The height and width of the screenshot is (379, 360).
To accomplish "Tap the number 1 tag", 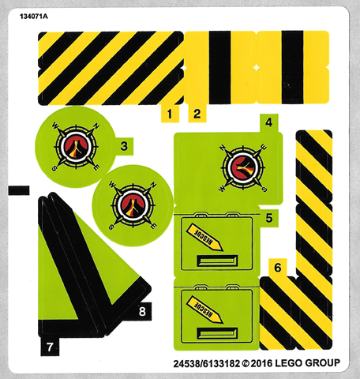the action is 170,114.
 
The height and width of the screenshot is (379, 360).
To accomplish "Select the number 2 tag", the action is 197,114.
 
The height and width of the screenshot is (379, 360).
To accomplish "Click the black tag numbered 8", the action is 142,312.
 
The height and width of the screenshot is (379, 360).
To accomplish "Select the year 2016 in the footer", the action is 261,363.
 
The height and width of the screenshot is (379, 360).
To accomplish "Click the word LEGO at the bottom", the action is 288,363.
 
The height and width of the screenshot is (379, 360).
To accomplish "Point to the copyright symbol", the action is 246,364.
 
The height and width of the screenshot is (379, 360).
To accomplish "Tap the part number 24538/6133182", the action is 207,364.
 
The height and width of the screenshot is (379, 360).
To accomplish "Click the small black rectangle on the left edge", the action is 19,190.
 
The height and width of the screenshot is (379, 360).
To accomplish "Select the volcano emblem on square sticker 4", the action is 243,168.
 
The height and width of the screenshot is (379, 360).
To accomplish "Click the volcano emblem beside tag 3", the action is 76,147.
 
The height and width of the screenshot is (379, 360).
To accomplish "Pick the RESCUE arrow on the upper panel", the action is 204,237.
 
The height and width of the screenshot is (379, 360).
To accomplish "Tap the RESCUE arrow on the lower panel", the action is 204,310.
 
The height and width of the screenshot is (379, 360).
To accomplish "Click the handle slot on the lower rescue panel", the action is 217,333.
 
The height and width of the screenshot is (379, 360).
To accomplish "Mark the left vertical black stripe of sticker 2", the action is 220,67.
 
